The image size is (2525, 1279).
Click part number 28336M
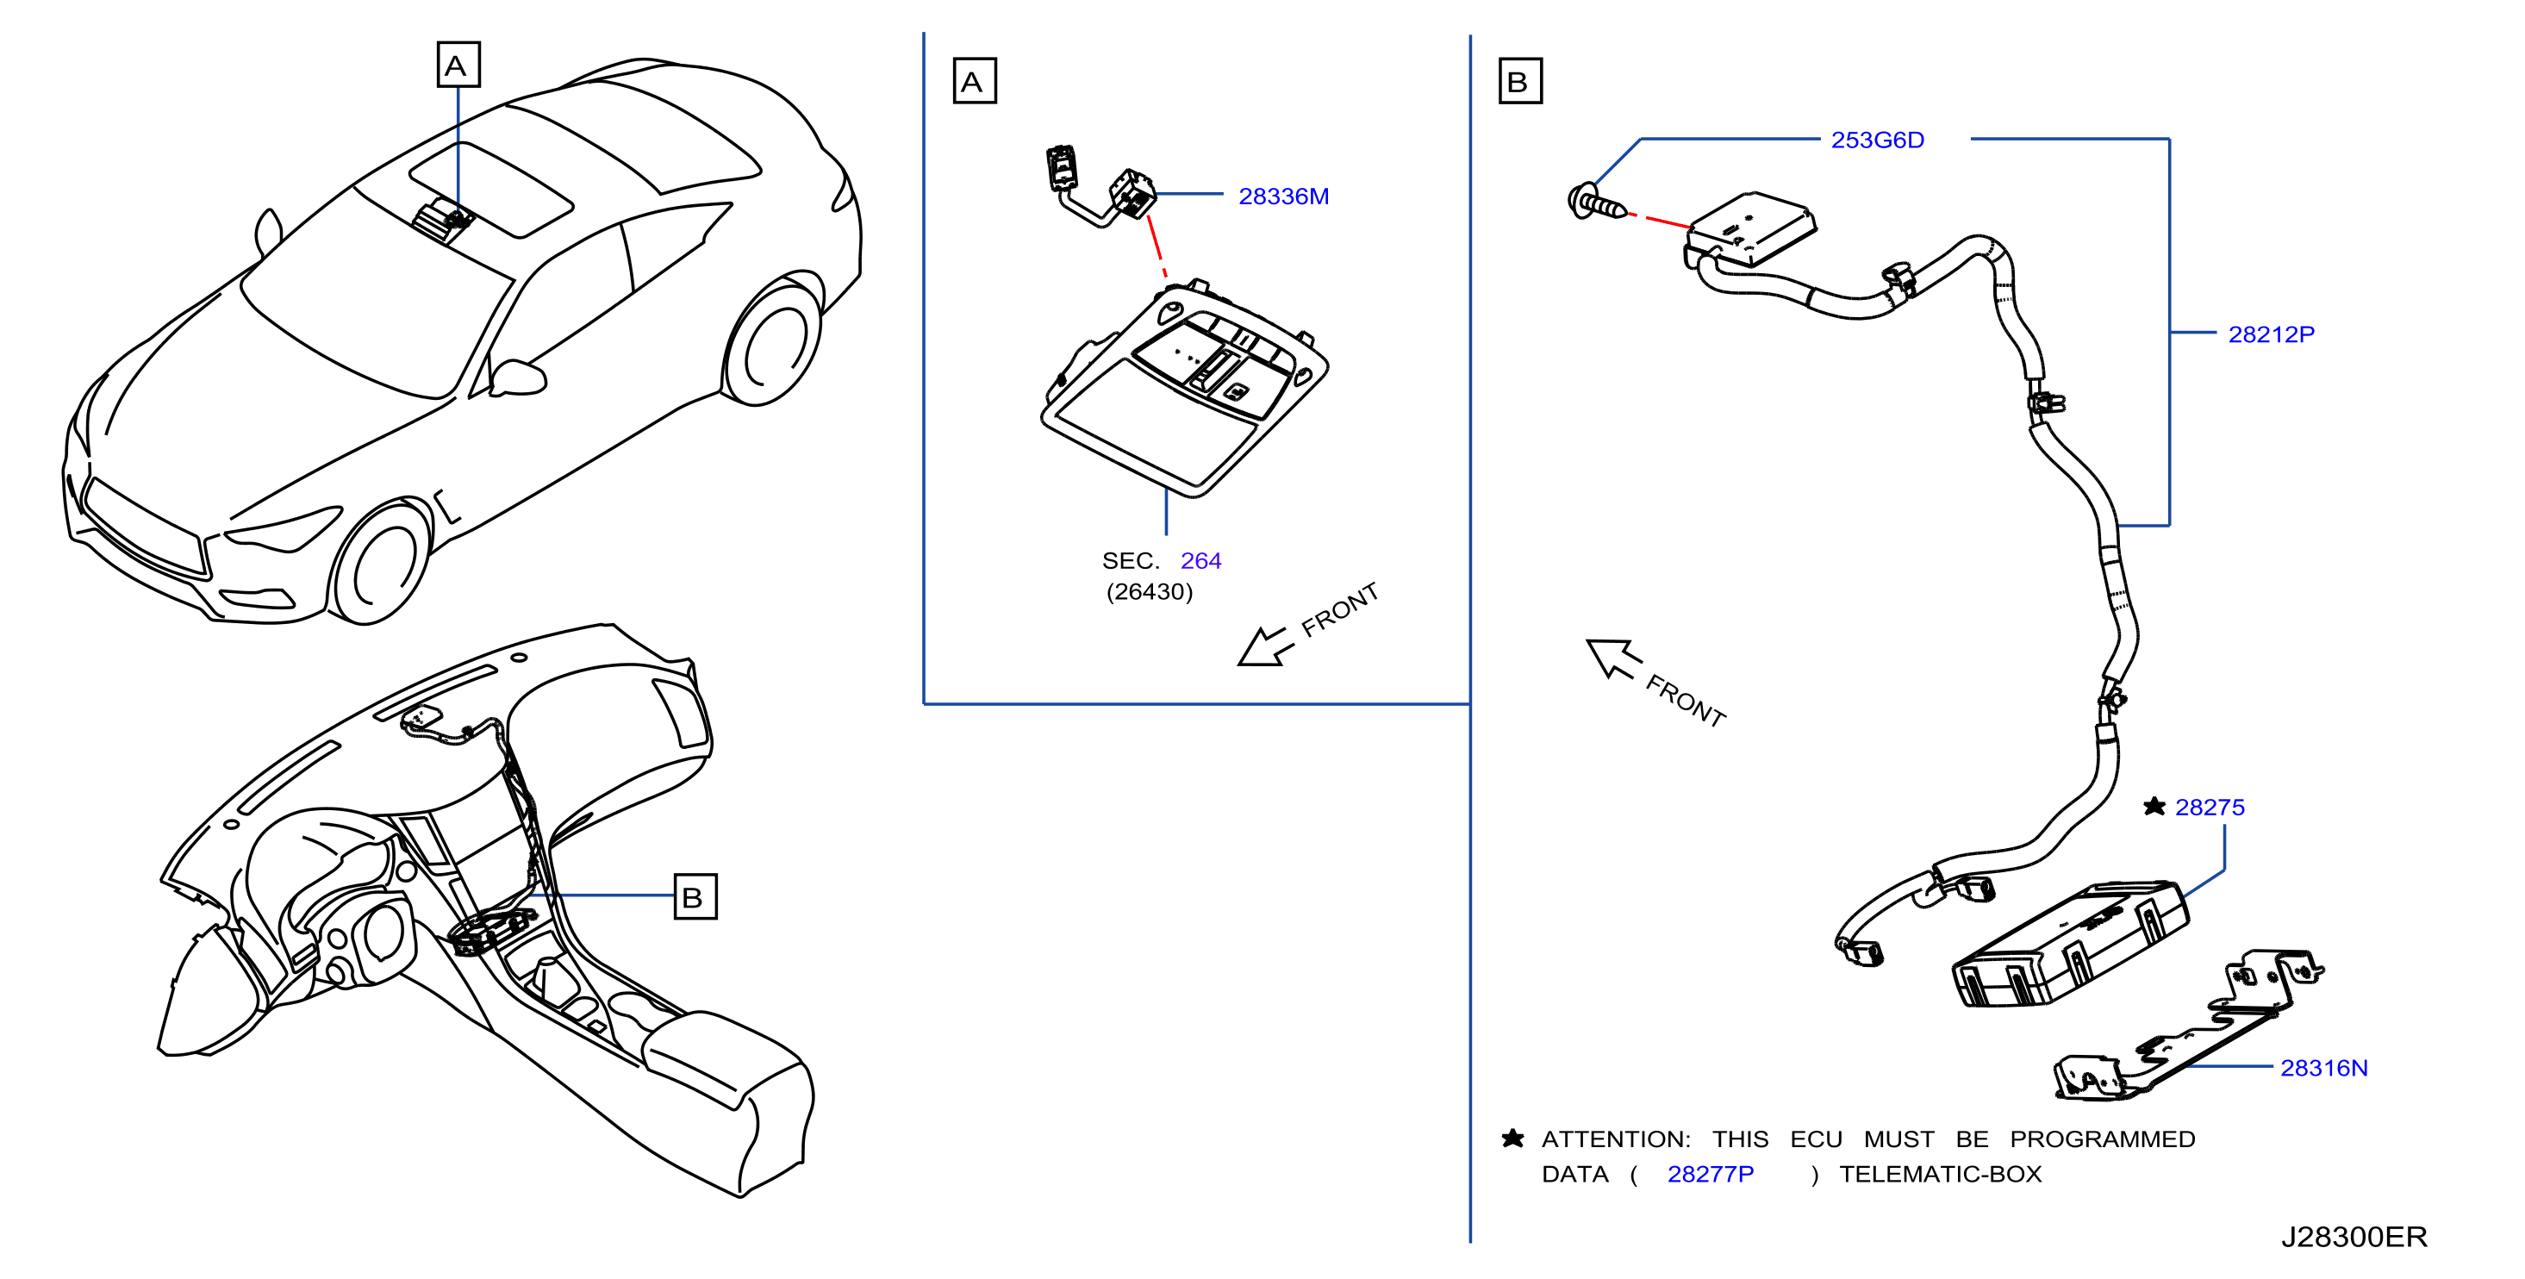coord(1283,196)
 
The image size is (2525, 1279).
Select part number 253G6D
coord(1877,140)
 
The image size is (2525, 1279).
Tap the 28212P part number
coord(2271,334)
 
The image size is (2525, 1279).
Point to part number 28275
coord(2210,807)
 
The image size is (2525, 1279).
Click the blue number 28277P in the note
coord(1711,1173)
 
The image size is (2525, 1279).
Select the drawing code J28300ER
coord(2354,1237)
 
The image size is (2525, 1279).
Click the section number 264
coord(1200,560)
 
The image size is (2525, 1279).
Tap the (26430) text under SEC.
coord(1150,592)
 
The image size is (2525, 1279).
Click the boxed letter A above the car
coord(458,65)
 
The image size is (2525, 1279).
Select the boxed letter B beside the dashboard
coord(695,897)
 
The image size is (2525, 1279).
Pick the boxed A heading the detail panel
coord(975,80)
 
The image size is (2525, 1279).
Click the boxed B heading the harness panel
coord(1519,80)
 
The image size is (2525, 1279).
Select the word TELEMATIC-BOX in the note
coord(1940,1173)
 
